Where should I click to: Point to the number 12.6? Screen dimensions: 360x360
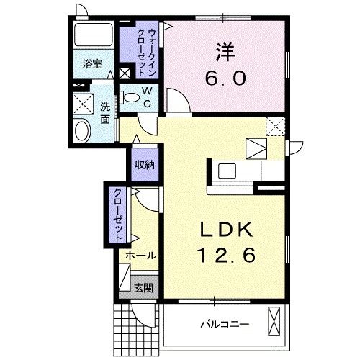tap(225, 254)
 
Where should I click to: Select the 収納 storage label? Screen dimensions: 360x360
tap(143, 164)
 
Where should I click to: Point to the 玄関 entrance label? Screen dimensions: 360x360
tap(143, 287)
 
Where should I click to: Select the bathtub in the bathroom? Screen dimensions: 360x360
tap(91, 35)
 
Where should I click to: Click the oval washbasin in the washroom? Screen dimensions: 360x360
tap(82, 131)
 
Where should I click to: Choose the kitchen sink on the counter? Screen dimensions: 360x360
tap(228, 171)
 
